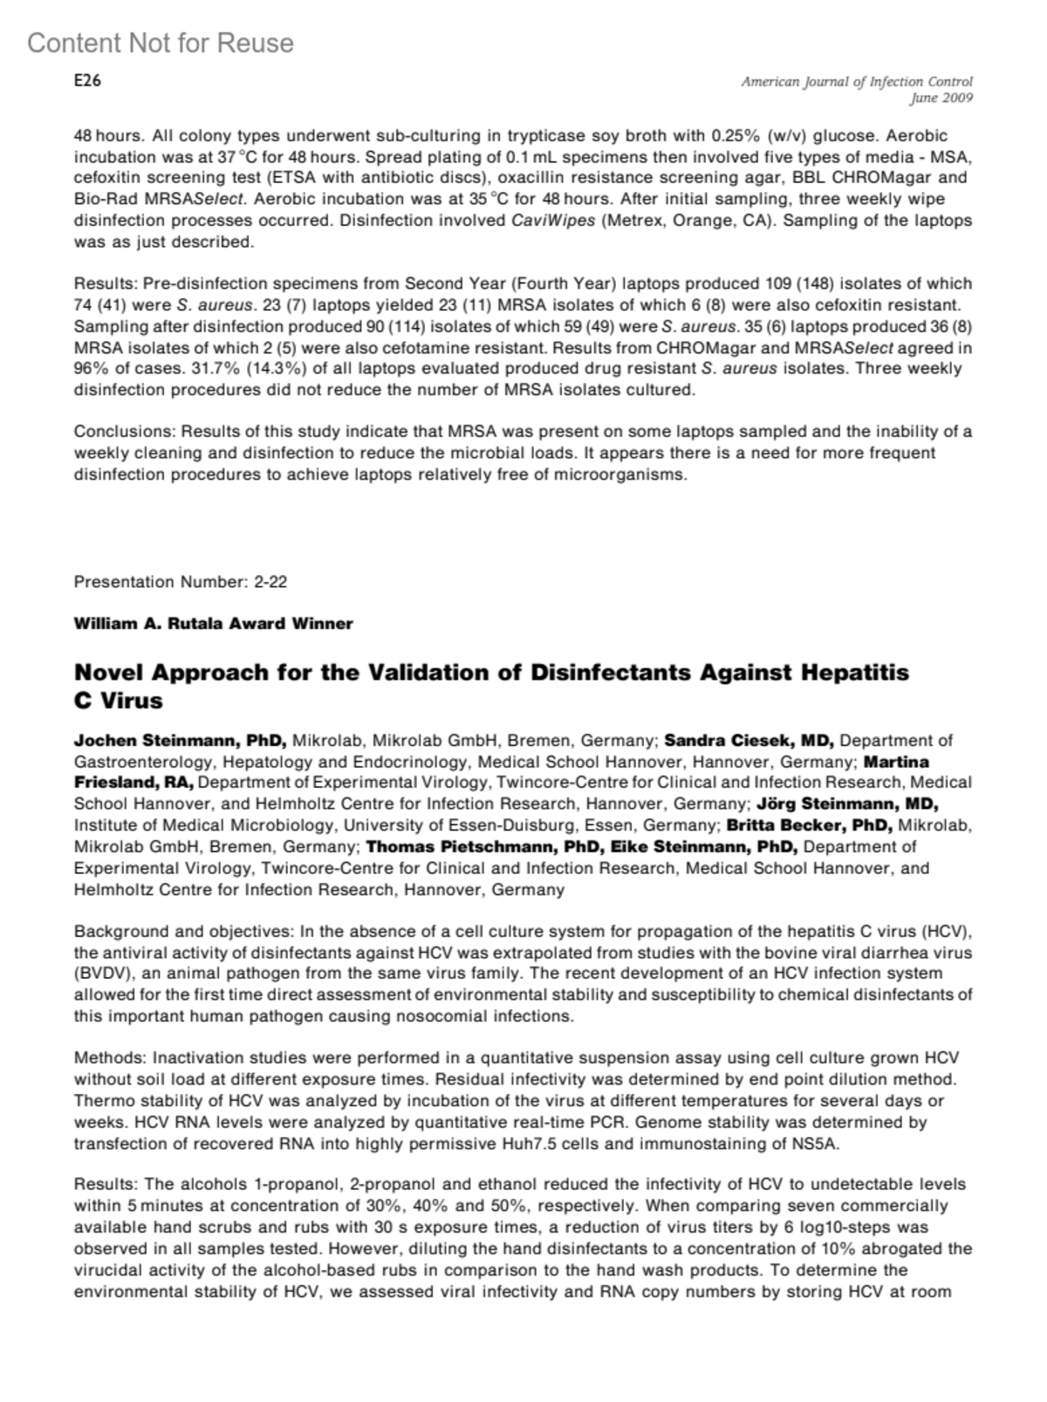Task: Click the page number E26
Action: click(87, 81)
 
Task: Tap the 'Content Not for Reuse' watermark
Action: click(161, 43)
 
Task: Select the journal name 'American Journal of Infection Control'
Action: click(856, 81)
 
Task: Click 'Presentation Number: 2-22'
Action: click(181, 582)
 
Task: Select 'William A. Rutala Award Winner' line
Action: click(213, 624)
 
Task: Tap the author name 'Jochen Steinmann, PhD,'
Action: click(181, 741)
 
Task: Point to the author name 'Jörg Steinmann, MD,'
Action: click(847, 804)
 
